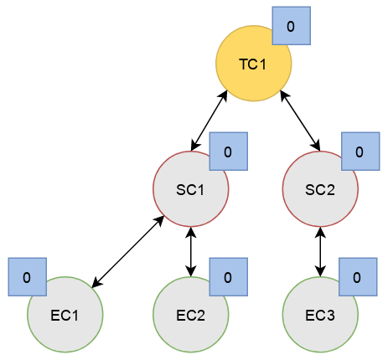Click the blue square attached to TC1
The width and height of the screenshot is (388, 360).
pos(292,26)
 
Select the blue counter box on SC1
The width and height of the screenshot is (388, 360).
pos(229,152)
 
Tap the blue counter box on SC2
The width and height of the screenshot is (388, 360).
pos(360,152)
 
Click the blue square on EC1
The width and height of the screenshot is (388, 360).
pos(28,277)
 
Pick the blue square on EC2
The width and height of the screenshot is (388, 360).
pos(229,277)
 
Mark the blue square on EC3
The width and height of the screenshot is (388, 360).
pos(358,277)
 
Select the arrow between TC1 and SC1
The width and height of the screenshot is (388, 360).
pos(209,121)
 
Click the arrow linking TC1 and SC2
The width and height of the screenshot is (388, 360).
pos(300,121)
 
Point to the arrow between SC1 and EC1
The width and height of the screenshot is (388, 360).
pos(128,251)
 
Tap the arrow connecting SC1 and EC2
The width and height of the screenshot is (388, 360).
pos(191,252)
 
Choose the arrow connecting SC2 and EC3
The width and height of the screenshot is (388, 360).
pos(320,252)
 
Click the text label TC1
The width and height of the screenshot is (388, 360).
pos(253,64)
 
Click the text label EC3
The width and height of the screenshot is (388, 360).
pos(320,316)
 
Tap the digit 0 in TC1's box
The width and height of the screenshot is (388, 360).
pos(291,26)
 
